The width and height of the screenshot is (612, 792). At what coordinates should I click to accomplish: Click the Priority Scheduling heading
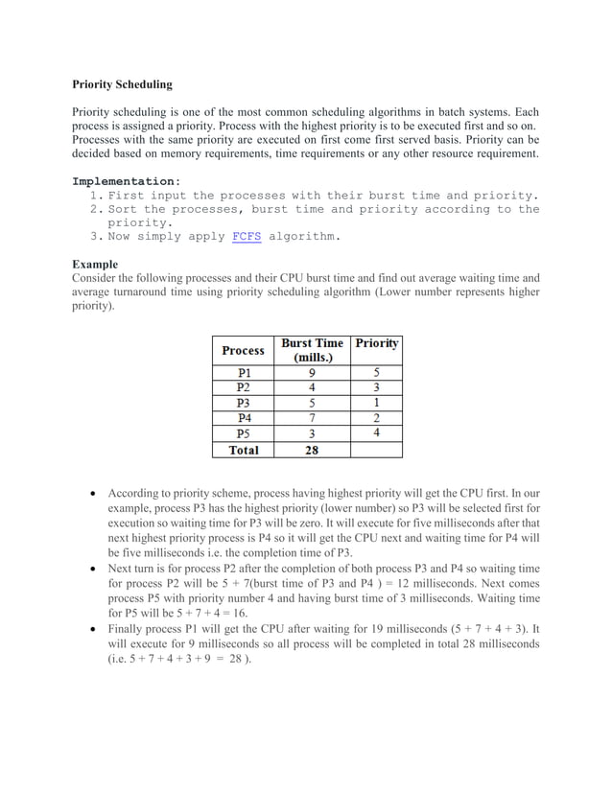click(123, 84)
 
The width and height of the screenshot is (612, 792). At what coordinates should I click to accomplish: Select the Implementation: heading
click(126, 180)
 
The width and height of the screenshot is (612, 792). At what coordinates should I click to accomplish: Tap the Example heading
click(95, 264)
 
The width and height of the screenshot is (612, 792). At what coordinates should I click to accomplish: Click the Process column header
click(243, 350)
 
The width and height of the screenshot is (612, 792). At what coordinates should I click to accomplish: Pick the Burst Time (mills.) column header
click(312, 350)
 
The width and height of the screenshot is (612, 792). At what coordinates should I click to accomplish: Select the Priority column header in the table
click(376, 343)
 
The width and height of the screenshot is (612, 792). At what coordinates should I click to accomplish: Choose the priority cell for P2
click(376, 387)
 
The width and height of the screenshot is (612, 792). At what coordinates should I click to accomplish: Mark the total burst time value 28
click(312, 449)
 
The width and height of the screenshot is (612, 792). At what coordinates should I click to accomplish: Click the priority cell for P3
click(376, 403)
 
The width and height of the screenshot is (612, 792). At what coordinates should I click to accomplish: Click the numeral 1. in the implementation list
click(96, 196)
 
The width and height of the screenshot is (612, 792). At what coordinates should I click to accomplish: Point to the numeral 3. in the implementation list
click(96, 236)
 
